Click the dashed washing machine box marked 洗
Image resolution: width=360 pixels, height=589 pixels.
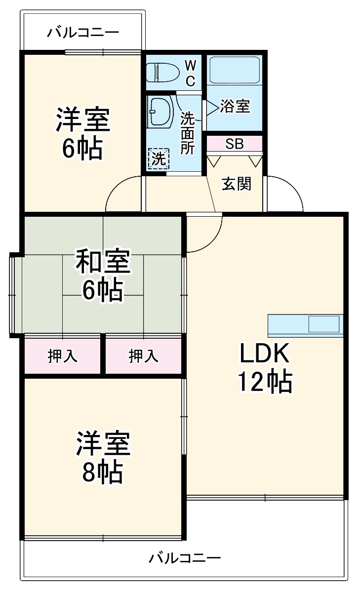click(159, 158)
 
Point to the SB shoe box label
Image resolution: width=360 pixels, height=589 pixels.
click(234, 144)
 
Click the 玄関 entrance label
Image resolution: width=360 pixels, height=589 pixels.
click(237, 183)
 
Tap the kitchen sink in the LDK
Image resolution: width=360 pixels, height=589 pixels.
click(323, 324)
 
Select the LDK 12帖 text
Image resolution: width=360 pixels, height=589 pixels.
click(264, 367)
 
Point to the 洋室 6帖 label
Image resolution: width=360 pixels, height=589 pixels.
click(82, 133)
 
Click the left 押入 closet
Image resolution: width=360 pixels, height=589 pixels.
click(62, 355)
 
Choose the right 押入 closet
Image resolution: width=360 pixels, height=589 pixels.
click(144, 355)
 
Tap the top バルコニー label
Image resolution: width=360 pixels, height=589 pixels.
click(83, 33)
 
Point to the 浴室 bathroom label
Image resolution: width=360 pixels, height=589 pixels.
click(235, 106)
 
